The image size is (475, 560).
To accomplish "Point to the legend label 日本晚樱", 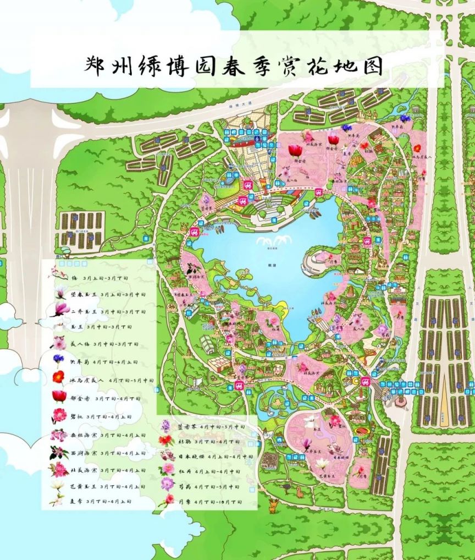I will [188, 457].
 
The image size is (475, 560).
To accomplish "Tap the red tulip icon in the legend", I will [59, 396].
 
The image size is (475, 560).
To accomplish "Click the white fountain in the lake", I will [272, 242].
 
